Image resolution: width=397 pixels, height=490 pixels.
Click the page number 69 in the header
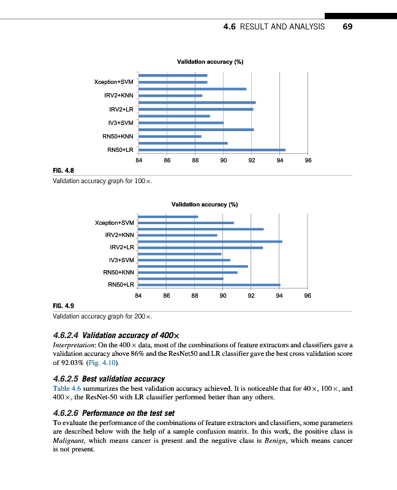click(x=347, y=27)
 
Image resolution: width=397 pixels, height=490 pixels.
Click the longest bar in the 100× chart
click(x=212, y=149)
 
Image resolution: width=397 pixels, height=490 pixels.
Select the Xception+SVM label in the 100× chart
click(x=113, y=82)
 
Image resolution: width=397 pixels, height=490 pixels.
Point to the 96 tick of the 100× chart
click(x=308, y=160)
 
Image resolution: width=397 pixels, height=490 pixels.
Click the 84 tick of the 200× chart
click(x=138, y=295)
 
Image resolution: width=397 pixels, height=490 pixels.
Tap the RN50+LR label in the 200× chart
click(x=121, y=285)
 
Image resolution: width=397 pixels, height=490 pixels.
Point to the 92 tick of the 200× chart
click(x=251, y=295)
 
